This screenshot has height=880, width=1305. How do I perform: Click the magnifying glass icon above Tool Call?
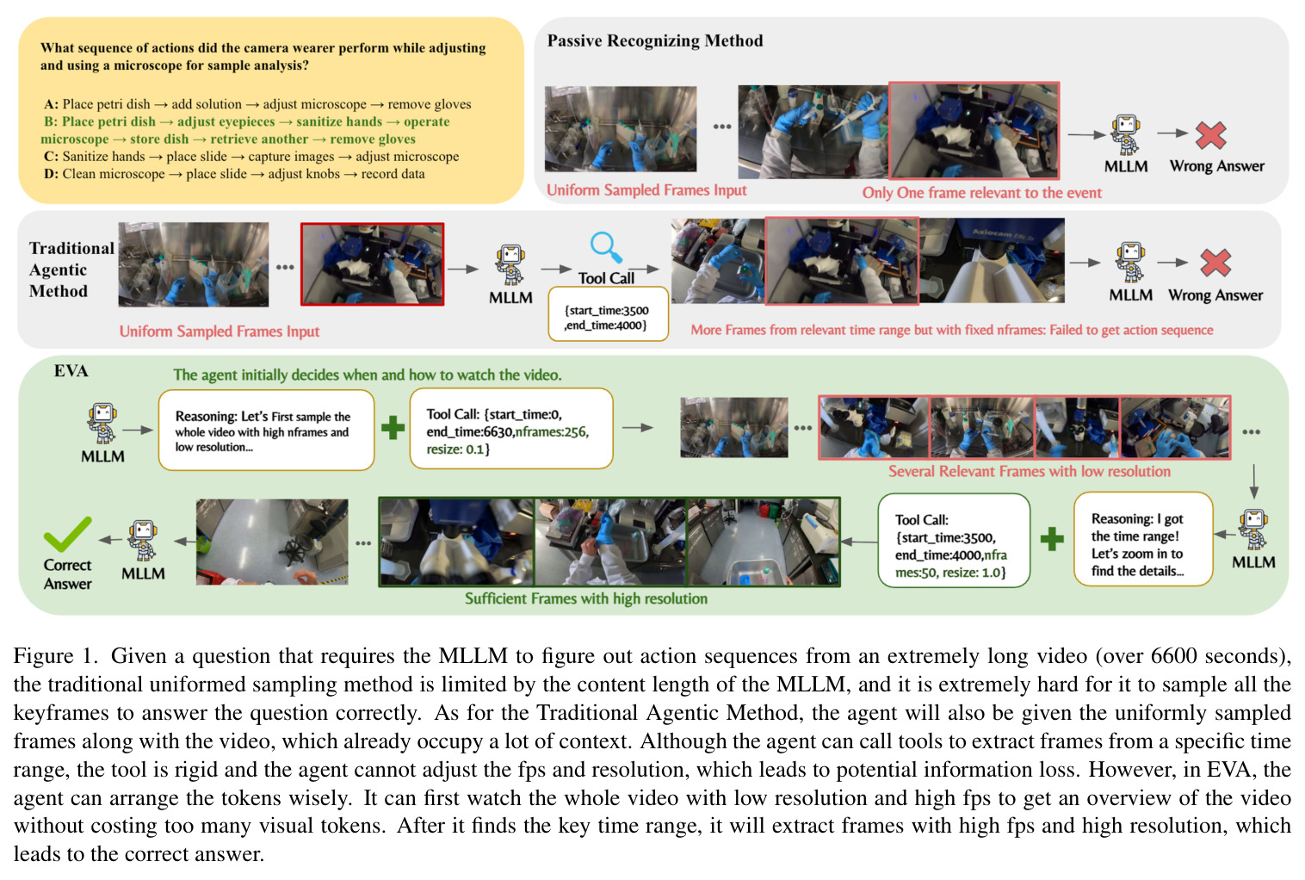click(606, 248)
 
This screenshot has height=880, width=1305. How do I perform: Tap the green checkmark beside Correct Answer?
click(68, 533)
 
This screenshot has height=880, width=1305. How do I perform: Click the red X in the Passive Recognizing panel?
click(1210, 135)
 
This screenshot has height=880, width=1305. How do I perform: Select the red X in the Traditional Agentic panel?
click(1215, 263)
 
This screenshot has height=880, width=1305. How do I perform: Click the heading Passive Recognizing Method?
click(655, 40)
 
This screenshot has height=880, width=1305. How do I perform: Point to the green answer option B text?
click(245, 130)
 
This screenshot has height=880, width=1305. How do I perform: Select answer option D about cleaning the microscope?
click(234, 174)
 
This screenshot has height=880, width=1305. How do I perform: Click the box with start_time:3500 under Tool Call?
click(608, 313)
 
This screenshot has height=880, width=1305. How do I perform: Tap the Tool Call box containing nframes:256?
click(511, 429)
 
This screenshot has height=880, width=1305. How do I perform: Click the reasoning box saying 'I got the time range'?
click(1142, 539)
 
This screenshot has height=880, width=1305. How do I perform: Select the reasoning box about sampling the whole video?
click(266, 430)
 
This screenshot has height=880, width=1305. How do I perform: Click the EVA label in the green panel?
click(71, 370)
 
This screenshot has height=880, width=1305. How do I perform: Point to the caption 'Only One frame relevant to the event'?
click(981, 192)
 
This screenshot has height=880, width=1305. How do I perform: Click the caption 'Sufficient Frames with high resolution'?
click(586, 598)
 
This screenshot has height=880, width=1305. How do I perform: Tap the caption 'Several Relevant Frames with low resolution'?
click(1029, 471)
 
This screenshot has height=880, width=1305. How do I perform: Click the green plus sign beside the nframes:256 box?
click(393, 427)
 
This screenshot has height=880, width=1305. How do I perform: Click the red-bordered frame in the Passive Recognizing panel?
click(974, 130)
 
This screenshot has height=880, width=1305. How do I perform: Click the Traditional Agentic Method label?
click(71, 270)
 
